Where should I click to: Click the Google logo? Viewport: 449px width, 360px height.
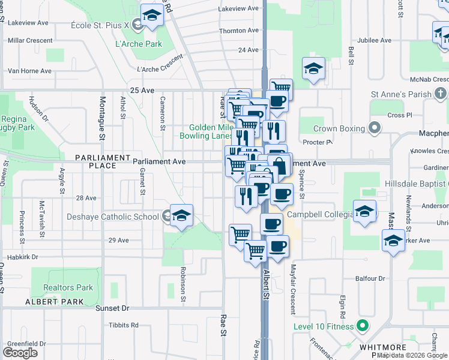click(20, 353)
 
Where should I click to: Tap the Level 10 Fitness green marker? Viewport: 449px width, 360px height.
click(361, 327)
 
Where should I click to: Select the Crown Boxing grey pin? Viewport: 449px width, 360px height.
click(375, 128)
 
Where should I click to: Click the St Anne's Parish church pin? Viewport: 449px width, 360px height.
click(441, 94)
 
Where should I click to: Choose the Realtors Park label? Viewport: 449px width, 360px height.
click(68, 287)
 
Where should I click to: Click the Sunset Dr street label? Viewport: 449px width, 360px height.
click(112, 308)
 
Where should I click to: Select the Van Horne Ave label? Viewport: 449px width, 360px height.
click(29, 71)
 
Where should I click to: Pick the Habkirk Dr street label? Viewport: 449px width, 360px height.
click(23, 257)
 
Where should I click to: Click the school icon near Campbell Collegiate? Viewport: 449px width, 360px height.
click(364, 212)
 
